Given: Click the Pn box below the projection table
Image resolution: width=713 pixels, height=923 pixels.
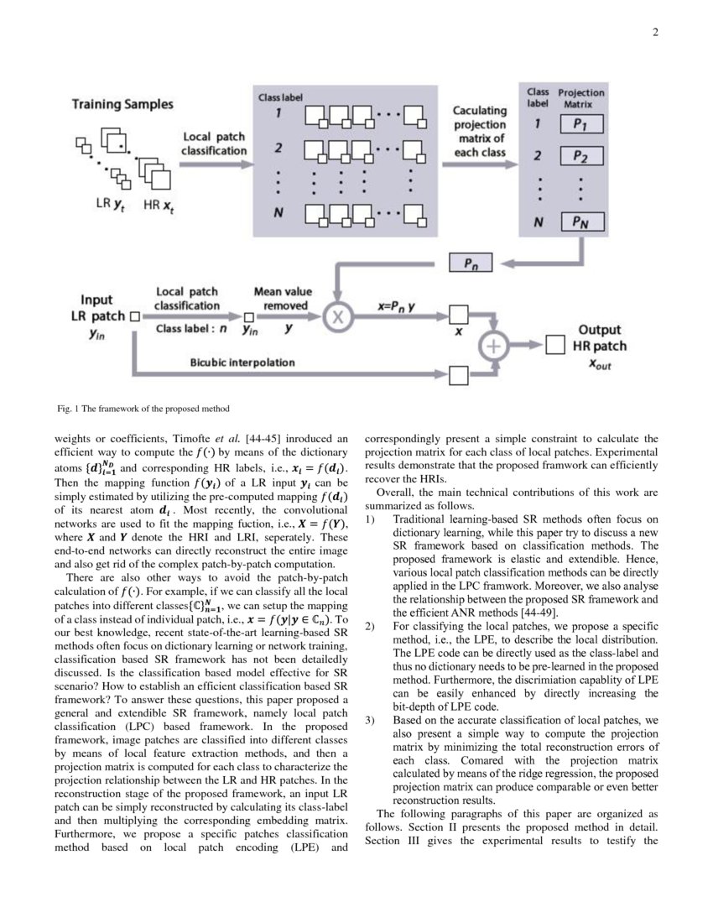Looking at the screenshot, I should coord(471,263).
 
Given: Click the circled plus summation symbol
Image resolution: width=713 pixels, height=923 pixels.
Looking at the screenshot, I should coord(494,345).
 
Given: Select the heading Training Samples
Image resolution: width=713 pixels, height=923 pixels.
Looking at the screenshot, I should coord(122,104).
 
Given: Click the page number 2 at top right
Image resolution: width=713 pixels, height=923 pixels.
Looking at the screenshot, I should coord(654,33).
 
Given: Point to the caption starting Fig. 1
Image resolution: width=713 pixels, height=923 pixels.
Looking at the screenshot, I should coord(142,409).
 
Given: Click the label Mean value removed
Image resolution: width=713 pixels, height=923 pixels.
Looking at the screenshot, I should coord(282,299).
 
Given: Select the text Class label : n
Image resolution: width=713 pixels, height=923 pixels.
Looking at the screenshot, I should coord(191,328).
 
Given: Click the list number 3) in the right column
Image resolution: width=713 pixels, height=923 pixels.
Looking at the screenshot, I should coord(372,720).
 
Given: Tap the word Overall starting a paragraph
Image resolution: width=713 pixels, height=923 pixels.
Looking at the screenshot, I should coord(396,493).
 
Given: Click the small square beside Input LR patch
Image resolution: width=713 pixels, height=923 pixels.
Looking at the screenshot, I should coord(134,317).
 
